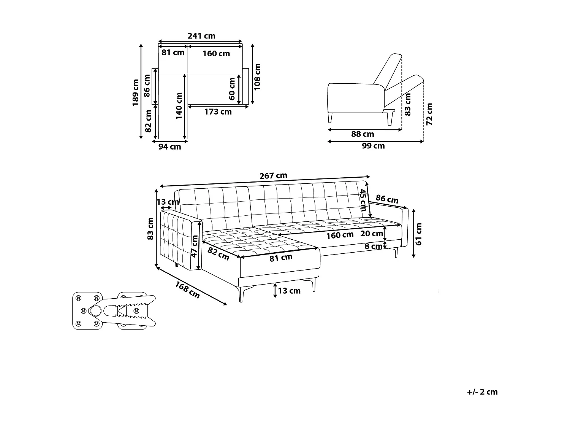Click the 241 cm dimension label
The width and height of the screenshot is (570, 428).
point(201,36)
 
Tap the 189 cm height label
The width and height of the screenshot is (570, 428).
point(136,92)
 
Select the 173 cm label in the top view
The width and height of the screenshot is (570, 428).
point(218,112)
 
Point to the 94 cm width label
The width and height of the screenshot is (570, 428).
point(169,147)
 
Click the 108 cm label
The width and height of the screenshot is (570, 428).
point(258,76)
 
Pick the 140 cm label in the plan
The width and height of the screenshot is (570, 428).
point(179,106)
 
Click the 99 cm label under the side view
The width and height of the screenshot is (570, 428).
point(373,146)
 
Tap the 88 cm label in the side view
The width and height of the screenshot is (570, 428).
point(363,134)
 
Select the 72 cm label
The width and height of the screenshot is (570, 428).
point(429,114)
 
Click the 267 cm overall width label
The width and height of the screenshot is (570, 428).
point(273,176)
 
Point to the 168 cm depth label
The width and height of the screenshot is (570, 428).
point(187,289)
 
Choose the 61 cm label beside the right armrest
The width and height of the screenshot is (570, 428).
point(419,234)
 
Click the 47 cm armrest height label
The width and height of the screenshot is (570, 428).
point(194,246)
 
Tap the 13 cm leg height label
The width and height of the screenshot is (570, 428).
point(289,291)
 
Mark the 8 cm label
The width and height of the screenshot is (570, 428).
point(373,247)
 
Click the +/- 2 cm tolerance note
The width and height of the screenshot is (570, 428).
point(482,392)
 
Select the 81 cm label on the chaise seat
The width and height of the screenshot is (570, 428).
point(281,258)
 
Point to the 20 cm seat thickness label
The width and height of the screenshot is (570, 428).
point(371,234)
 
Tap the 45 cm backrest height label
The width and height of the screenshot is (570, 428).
point(363,200)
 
